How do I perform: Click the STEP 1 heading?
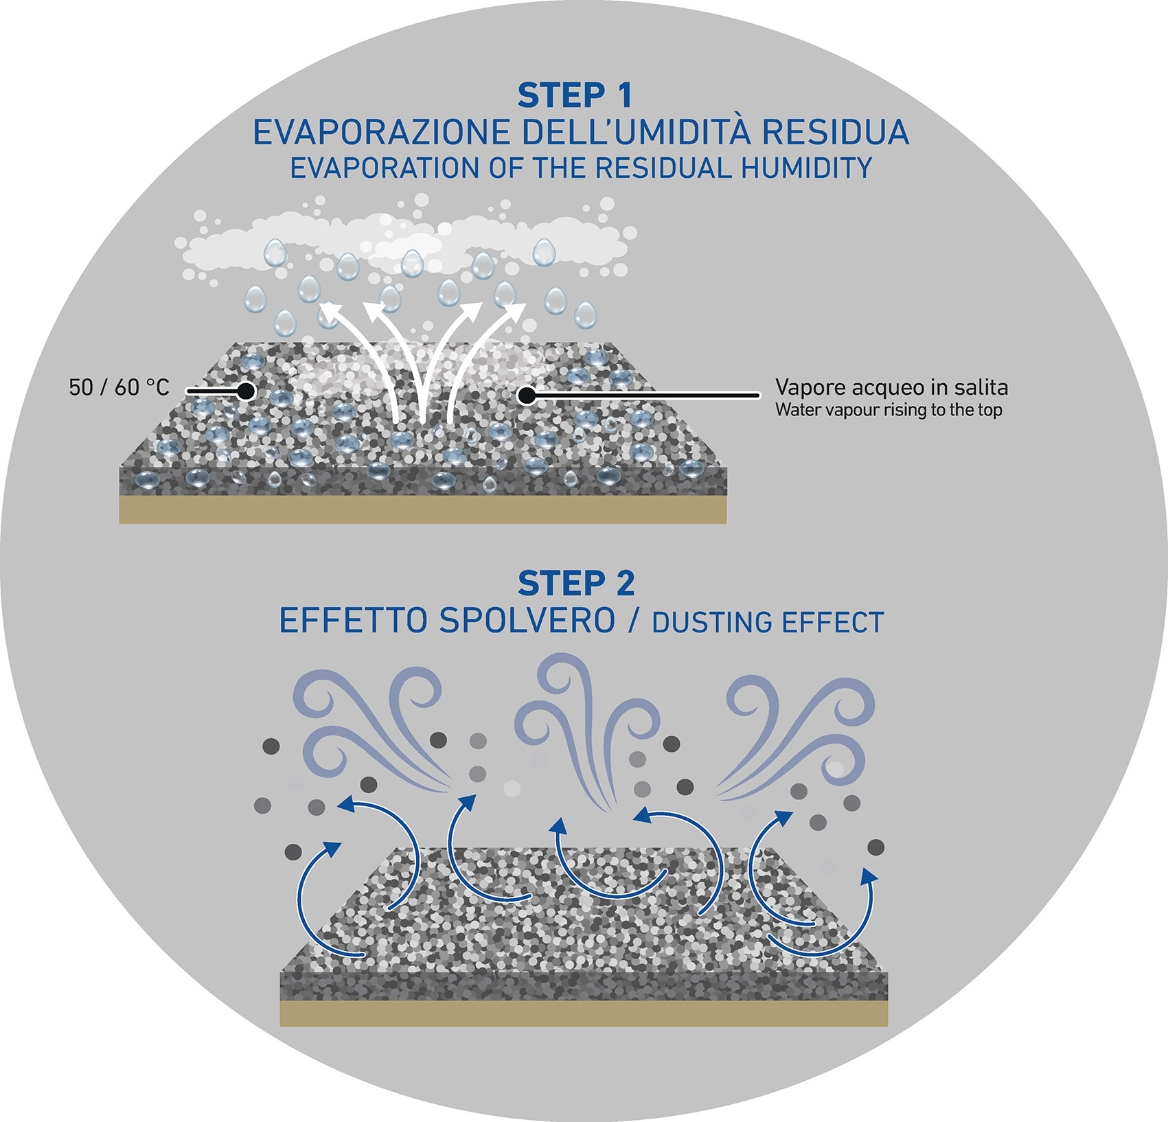575,95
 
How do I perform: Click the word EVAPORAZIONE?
381,133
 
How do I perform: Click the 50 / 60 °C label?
119,387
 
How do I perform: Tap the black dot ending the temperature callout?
246,391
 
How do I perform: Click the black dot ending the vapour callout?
527,395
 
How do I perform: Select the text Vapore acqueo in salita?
891,387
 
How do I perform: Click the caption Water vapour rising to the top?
889,410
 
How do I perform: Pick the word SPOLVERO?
527,621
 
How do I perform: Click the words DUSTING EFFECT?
768,622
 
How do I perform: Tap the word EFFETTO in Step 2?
353,621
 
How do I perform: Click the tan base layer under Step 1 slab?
422,510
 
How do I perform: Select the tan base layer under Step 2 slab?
584,1013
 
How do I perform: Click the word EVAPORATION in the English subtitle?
384,168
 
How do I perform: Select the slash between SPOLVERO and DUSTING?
633,621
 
